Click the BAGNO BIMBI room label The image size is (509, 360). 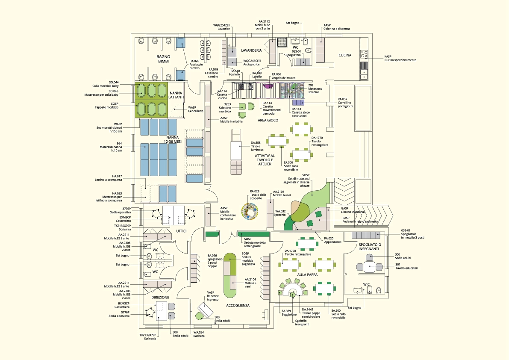163,59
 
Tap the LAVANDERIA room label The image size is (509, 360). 251,50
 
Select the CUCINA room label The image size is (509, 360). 345,55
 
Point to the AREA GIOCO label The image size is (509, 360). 268,121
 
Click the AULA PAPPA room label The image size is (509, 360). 307,274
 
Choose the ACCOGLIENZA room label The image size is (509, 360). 238,305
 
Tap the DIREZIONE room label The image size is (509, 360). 160,297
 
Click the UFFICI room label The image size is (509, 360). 182,231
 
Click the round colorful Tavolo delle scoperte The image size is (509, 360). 250,212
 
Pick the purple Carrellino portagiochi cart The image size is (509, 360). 298,102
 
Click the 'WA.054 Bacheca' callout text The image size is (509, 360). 199,334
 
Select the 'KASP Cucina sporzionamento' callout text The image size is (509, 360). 400,58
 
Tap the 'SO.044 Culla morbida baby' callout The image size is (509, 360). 107,84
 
